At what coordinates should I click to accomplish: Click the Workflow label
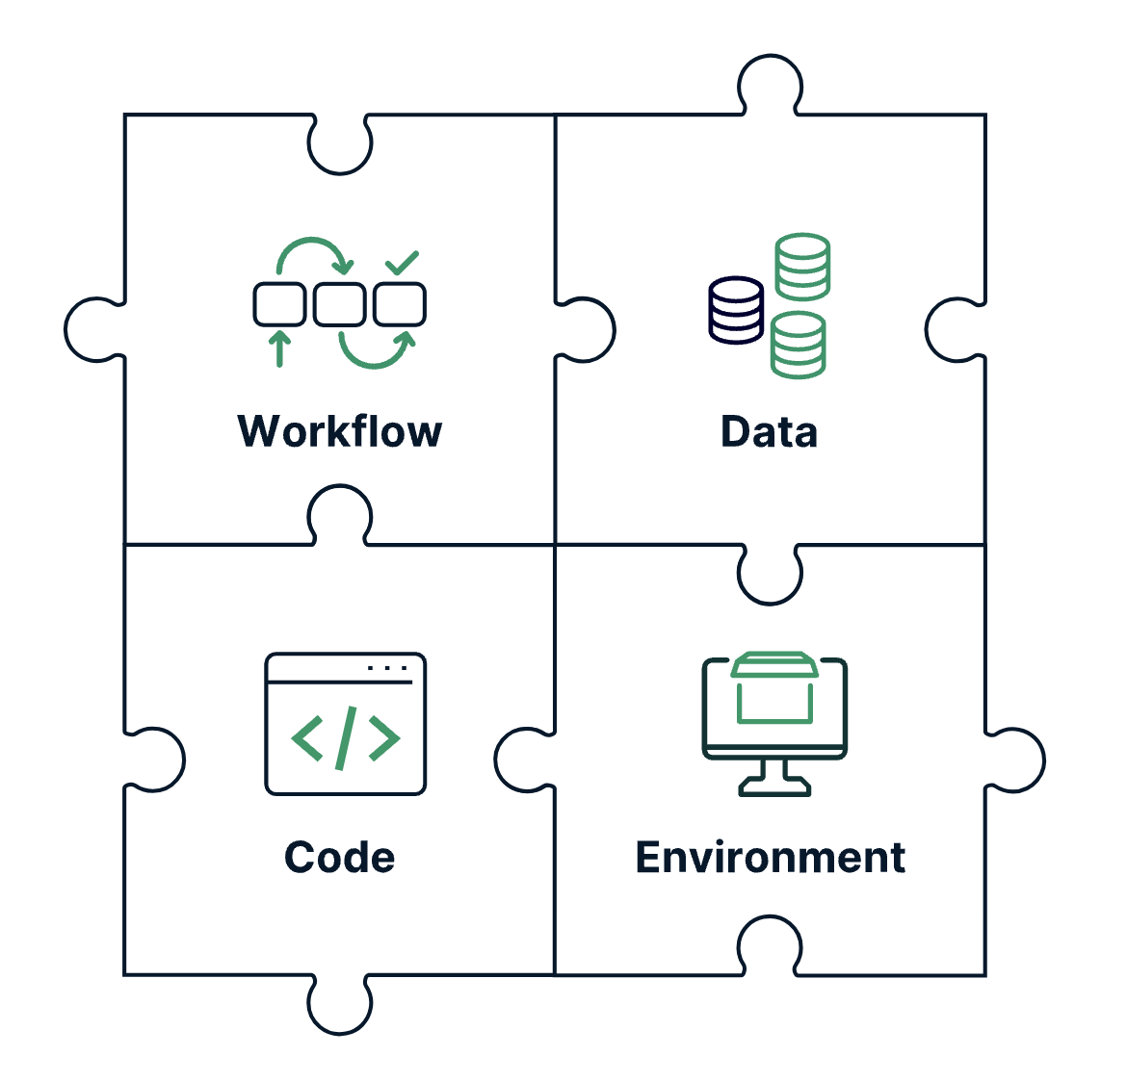340,432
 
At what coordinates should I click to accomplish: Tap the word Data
769,432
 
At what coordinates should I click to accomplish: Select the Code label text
340,857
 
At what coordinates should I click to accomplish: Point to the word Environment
770,857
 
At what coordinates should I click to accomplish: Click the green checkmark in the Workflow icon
402,262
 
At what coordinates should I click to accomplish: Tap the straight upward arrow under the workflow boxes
279,348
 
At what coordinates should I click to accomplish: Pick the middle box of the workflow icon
340,304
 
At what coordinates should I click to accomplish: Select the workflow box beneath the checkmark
400,304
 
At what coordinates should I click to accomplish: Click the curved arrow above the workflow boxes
312,248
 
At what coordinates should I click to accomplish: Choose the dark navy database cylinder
737,310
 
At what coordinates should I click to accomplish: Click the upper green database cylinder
803,266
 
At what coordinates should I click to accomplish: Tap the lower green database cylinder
799,345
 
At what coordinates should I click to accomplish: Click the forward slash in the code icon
346,738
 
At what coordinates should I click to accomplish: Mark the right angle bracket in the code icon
383,738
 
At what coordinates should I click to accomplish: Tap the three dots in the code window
388,667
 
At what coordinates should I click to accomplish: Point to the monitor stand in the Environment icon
775,778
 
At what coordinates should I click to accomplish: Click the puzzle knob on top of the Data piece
770,83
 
